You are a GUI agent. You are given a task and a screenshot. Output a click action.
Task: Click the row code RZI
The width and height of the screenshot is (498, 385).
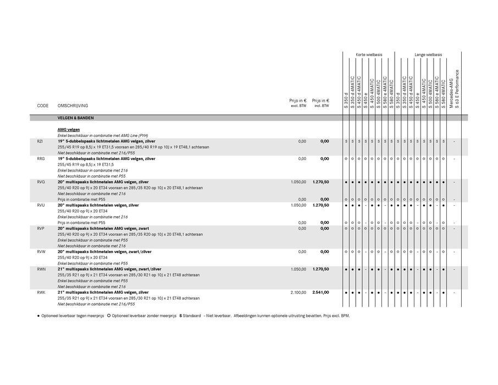point(40,141)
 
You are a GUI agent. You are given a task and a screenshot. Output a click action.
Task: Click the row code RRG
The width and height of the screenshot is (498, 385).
point(40,159)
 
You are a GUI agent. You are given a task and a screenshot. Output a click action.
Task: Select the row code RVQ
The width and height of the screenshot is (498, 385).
point(41,182)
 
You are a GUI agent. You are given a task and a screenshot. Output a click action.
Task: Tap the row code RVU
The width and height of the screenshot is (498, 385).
point(41,205)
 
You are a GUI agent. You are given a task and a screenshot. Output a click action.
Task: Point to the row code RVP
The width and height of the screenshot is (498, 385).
point(41,228)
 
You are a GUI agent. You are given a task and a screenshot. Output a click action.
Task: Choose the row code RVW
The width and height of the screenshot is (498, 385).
point(41,252)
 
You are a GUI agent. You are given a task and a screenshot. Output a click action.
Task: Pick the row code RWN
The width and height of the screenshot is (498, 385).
point(41,269)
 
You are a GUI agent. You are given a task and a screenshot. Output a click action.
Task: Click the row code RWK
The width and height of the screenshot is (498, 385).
point(41,293)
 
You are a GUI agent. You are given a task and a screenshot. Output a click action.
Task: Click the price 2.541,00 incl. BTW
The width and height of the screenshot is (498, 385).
point(320,293)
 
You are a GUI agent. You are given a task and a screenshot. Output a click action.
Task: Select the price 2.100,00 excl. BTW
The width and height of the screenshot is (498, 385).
point(298,293)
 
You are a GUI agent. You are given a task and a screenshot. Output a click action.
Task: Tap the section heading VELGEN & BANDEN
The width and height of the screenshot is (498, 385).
point(75,118)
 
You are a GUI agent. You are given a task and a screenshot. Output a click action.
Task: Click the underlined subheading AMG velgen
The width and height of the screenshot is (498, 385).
point(69,130)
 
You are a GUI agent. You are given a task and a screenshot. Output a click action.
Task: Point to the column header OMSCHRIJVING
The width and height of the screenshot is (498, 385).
point(73,106)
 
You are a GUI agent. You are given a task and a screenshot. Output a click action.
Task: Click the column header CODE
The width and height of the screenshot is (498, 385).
point(43,106)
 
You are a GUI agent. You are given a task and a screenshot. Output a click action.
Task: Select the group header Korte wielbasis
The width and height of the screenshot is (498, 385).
point(369,55)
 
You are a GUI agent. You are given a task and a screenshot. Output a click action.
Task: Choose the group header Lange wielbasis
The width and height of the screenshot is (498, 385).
point(428,55)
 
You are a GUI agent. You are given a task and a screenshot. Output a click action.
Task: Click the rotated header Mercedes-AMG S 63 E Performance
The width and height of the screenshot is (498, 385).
point(454,88)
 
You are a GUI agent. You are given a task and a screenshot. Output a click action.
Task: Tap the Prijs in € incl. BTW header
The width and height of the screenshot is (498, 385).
point(320,102)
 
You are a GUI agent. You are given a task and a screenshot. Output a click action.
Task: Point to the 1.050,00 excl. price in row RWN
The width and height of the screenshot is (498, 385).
point(298,269)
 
